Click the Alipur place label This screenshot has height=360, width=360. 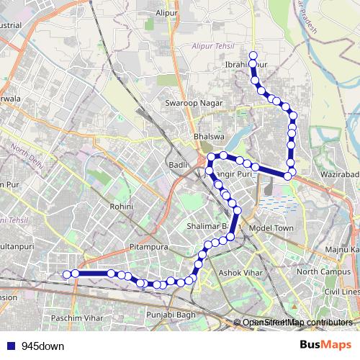click(x=166, y=12)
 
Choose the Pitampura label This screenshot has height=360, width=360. click(x=149, y=247)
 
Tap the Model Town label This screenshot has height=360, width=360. click(x=271, y=228)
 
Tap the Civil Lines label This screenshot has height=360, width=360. click(x=342, y=292)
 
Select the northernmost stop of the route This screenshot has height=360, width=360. click(x=253, y=55)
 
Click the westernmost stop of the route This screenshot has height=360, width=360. click(x=66, y=274)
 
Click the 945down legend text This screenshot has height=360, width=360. click(x=42, y=346)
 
